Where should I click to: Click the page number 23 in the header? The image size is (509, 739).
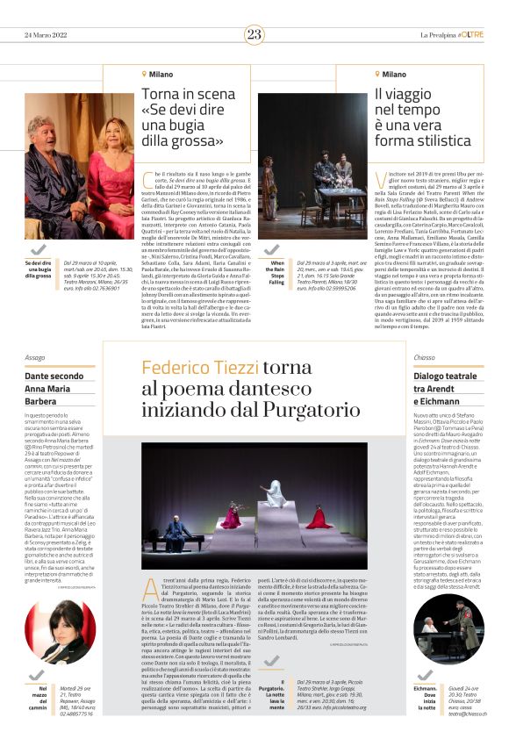[x=254, y=34]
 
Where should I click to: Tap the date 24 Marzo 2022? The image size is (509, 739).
[x=46, y=34]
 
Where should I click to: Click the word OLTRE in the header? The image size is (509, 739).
[x=471, y=34]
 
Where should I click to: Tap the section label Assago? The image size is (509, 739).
[x=35, y=358]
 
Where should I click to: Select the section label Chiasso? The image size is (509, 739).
[x=426, y=358]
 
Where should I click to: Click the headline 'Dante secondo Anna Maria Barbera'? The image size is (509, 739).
[x=58, y=389]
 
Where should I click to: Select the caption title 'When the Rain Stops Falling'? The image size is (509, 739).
[x=276, y=271]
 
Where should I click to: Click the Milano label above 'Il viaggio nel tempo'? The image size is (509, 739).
[x=393, y=75]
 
